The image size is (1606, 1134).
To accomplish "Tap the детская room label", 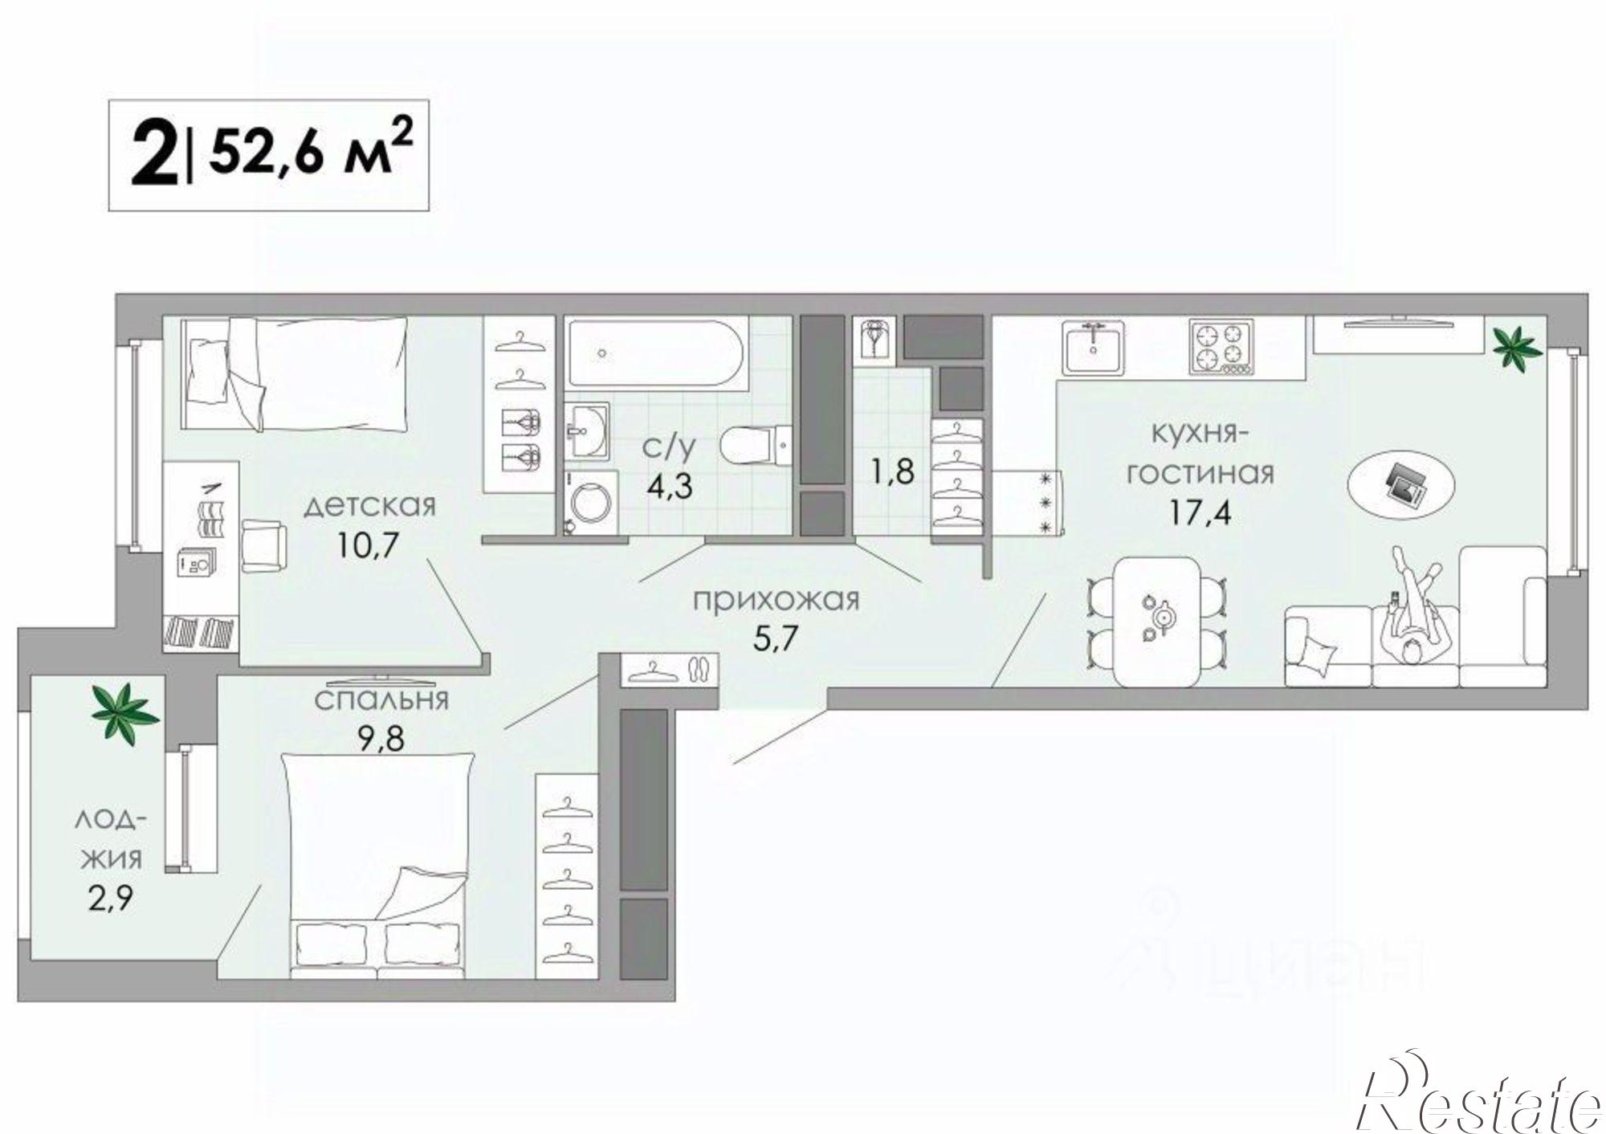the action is (370, 507).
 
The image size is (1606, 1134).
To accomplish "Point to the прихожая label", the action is (777, 599).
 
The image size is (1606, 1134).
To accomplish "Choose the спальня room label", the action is (381, 701).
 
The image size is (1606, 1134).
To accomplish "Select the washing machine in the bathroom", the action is (592, 503).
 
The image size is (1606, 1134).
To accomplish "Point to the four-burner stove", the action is (1221, 347).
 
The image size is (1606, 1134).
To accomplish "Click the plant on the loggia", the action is (124, 712).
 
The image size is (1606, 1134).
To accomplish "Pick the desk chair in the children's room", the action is (263, 545).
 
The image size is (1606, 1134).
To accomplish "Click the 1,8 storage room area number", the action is (894, 471).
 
